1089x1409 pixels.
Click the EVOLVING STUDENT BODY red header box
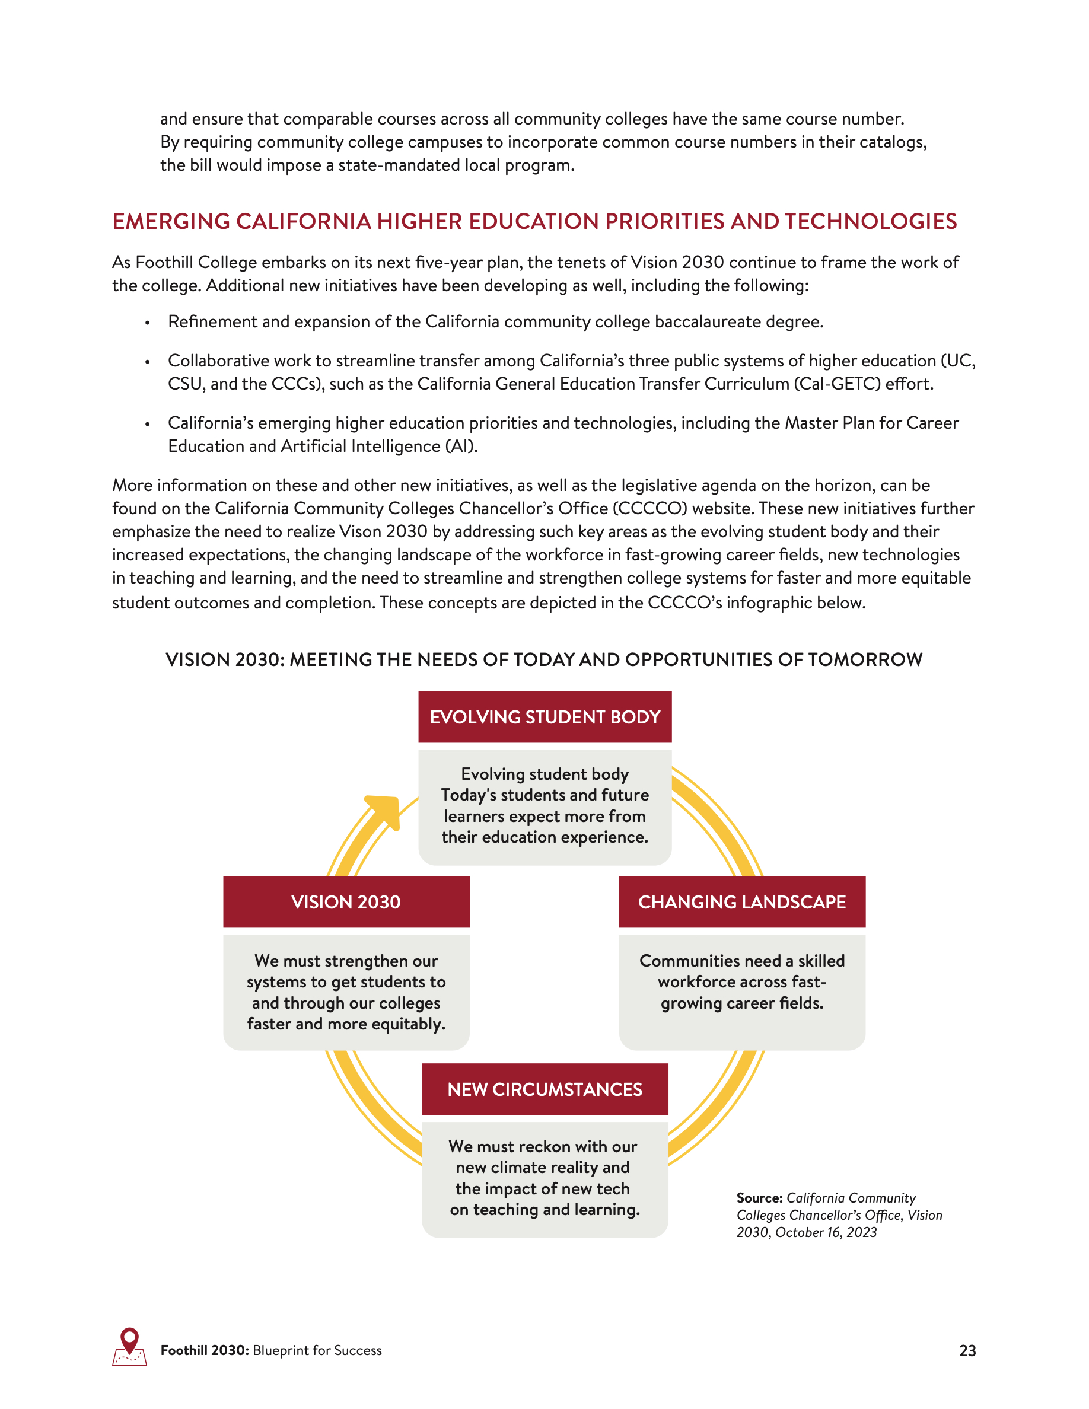tap(544, 717)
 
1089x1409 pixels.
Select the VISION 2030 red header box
tap(346, 902)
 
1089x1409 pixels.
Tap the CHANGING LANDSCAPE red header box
tap(742, 902)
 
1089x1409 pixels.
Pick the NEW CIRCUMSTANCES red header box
tap(544, 1089)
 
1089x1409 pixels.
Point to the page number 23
tap(967, 1351)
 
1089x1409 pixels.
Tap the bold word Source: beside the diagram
tap(759, 1198)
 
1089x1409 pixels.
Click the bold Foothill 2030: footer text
tap(205, 1351)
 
